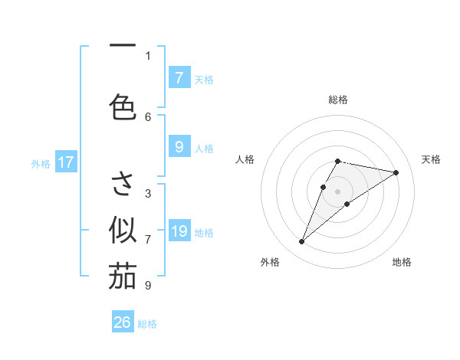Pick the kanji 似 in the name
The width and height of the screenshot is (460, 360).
123,229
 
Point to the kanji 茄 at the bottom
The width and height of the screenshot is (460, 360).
123,277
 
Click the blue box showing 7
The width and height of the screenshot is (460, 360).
179,77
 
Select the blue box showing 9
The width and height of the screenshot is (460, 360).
179,146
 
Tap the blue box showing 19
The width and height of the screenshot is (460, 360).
179,231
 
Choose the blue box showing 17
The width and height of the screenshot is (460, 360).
65,162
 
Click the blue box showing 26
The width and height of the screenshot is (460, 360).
123,322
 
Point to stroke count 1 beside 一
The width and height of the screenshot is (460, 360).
148,55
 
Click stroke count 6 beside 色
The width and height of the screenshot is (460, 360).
148,116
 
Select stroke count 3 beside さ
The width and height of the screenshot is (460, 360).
148,193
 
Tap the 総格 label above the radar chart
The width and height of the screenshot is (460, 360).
338,100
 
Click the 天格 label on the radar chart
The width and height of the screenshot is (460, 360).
432,159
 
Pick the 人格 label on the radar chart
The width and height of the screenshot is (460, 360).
245,159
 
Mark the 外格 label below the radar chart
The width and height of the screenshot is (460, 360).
270,262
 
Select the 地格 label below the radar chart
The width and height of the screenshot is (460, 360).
402,262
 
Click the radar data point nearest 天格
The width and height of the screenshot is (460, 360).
396,172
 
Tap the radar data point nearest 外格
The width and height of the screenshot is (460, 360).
302,242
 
